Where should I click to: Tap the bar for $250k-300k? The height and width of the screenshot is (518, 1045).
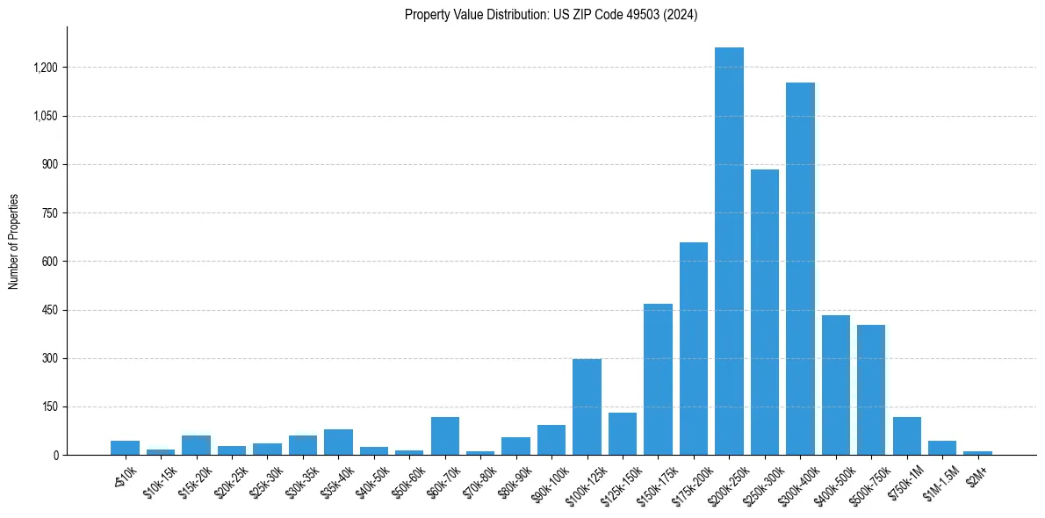764,313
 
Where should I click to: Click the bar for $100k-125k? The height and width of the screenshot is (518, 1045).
587,407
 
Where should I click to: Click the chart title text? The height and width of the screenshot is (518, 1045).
551,15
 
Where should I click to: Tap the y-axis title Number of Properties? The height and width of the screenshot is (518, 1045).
14,241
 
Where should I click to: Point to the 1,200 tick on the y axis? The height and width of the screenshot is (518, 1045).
46,68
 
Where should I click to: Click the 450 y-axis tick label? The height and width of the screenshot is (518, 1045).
49,310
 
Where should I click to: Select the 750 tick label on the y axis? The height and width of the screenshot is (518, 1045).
49,213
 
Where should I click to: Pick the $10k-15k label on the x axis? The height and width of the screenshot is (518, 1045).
159,479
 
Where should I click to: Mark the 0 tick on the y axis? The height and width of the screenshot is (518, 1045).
54,456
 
